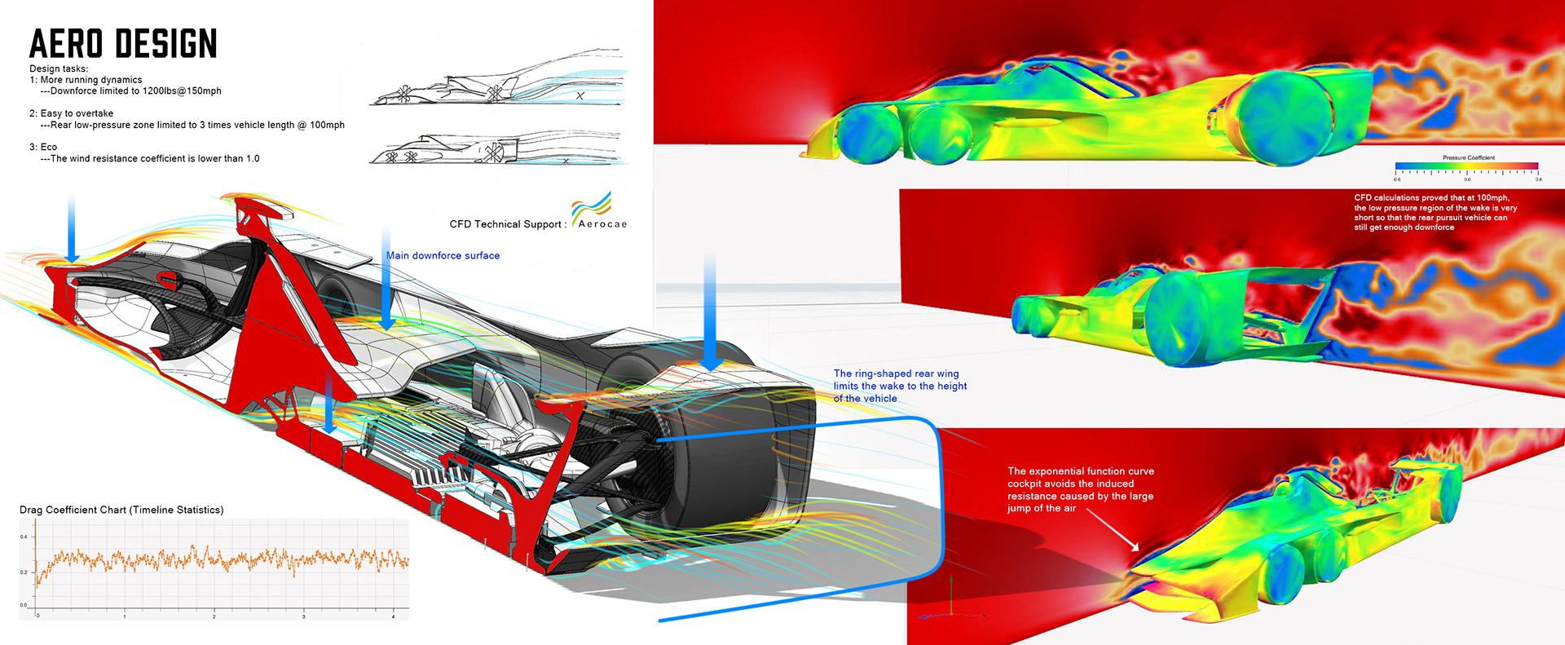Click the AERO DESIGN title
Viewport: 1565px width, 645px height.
tap(123, 44)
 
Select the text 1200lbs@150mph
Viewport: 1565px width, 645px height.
tap(182, 91)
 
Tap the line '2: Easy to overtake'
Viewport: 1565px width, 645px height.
tap(72, 113)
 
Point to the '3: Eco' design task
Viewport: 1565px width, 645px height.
tap(43, 147)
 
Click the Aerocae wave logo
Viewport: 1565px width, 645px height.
tap(591, 207)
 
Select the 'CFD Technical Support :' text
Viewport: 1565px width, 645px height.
tap(507, 224)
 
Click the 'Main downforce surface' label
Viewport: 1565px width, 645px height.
tap(443, 256)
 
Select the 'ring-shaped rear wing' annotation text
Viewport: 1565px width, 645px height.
tap(899, 386)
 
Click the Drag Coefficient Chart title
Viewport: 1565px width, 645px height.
tap(121, 510)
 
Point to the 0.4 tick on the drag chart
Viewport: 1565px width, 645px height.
tap(24, 537)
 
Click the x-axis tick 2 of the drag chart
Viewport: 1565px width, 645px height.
tap(214, 616)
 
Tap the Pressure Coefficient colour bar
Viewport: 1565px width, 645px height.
tap(1466, 166)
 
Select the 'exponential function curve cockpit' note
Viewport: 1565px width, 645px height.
tap(1080, 489)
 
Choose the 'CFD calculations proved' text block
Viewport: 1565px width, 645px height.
tap(1435, 212)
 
